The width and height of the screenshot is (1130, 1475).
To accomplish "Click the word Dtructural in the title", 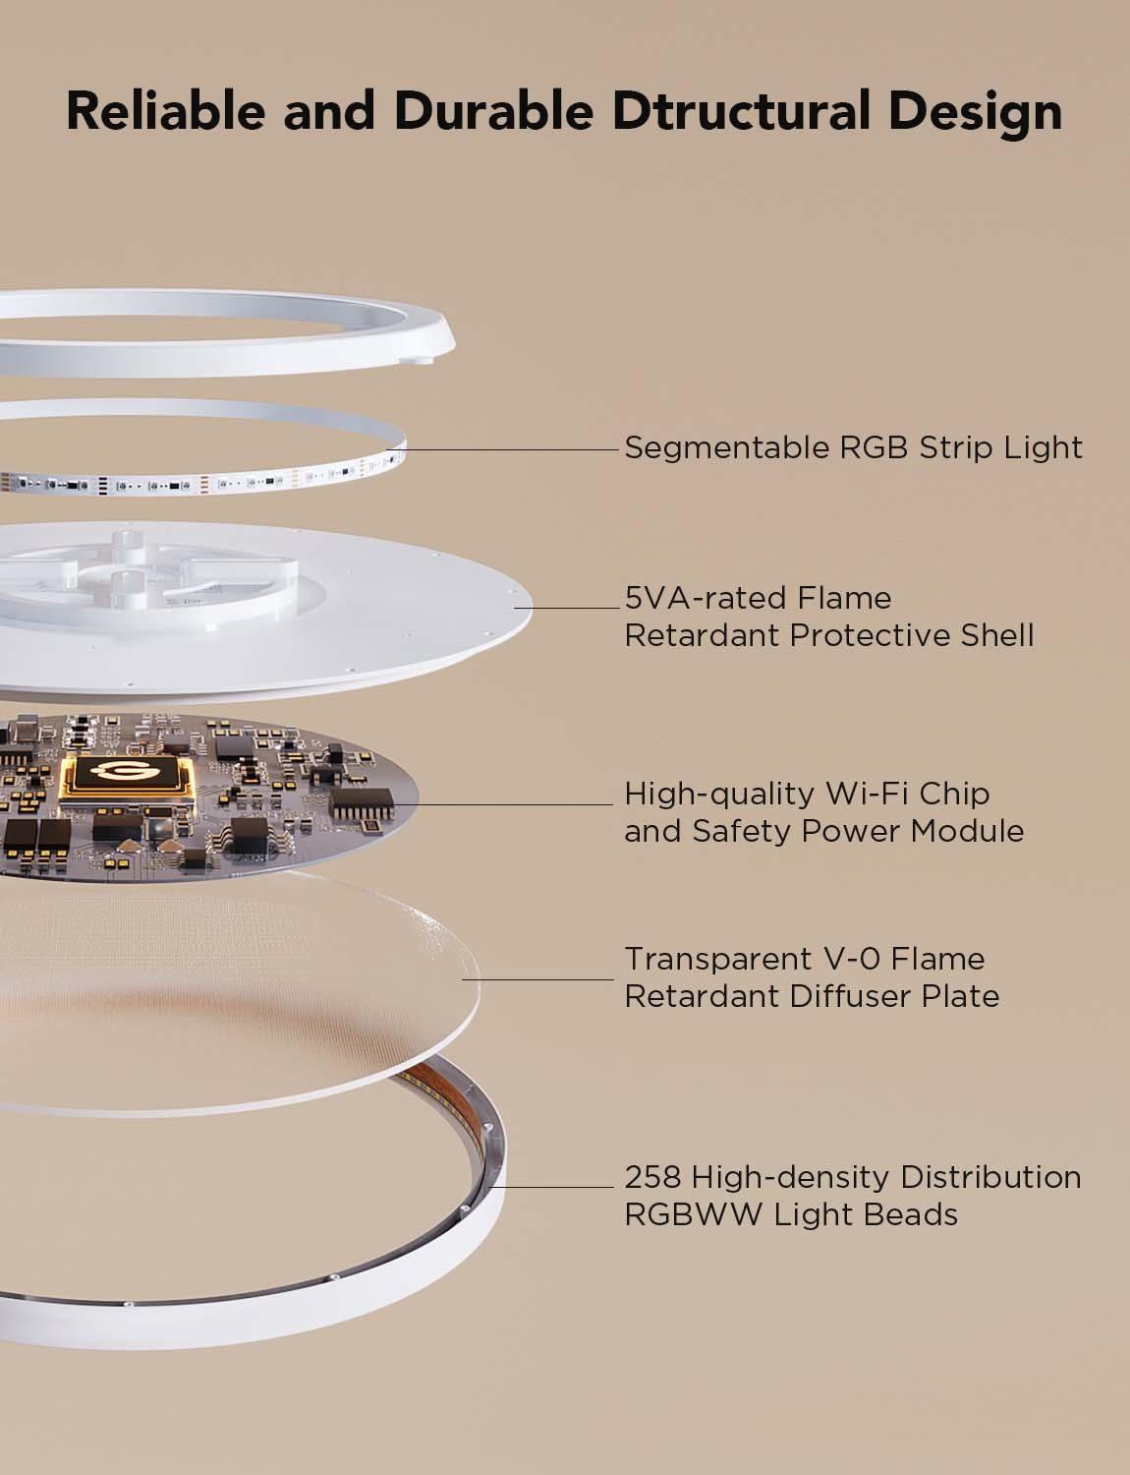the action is coord(741,111).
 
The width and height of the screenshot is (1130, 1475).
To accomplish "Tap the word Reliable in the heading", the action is coord(165,111).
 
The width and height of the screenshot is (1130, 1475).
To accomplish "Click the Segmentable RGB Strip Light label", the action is coord(853,448).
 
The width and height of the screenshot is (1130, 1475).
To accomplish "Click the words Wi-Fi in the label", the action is coord(866,794).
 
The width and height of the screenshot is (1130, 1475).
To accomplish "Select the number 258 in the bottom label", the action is coord(652,1177).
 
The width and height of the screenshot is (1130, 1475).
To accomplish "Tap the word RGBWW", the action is coord(693,1214).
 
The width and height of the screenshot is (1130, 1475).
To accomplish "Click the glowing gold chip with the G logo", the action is coord(127,782).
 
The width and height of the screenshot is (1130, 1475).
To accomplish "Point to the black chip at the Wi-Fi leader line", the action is coord(362,803).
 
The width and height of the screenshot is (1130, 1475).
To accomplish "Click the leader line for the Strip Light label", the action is coord(502,449).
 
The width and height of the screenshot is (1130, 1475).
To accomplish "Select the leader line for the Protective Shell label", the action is coord(567,608).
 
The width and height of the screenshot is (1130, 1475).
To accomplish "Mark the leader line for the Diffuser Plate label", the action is coord(537,979).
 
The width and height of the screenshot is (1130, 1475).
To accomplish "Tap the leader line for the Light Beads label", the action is coord(551,1187).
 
